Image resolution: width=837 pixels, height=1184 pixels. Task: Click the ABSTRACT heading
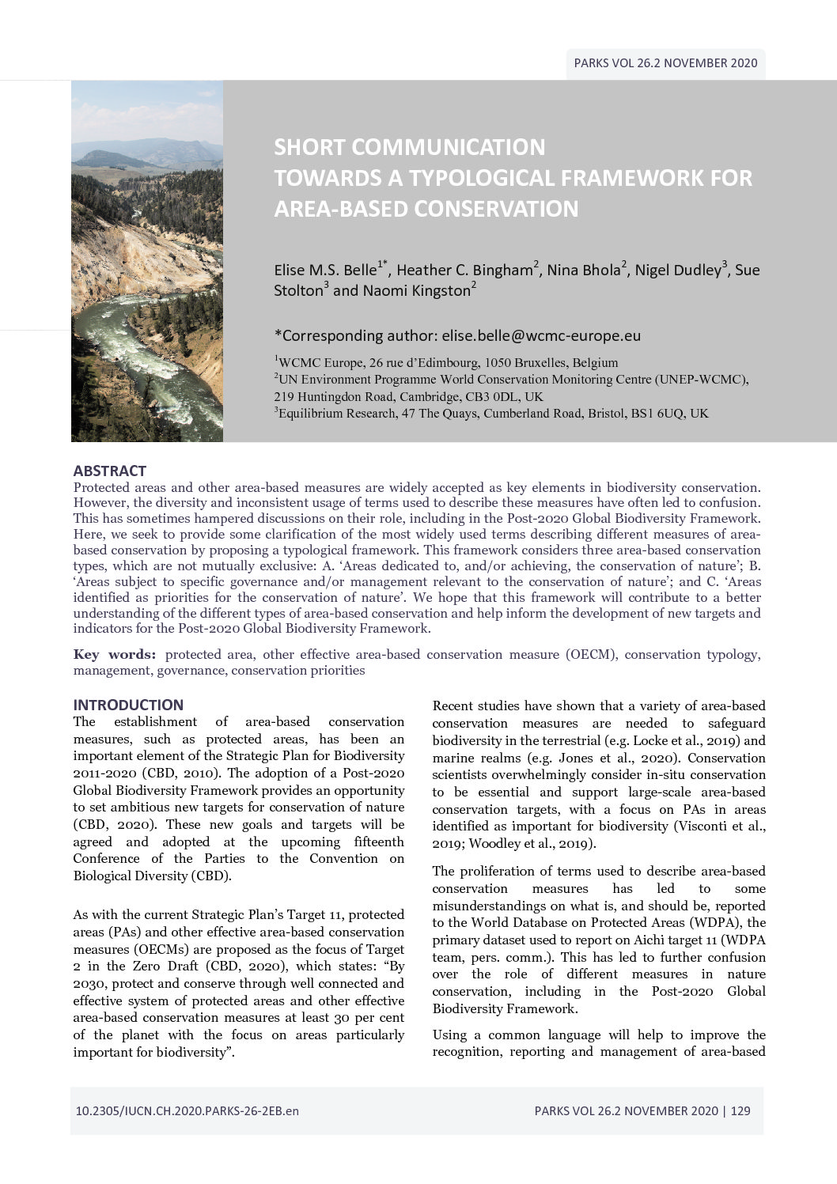tap(109, 471)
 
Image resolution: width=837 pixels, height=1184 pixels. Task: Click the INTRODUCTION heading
tap(128, 705)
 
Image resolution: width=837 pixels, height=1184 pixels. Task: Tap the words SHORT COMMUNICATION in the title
tap(409, 147)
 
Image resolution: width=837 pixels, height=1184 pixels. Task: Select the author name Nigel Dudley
tap(677, 270)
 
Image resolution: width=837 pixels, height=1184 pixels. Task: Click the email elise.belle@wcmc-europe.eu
tap(541, 335)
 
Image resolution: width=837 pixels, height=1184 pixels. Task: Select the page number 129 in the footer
tap(740, 1110)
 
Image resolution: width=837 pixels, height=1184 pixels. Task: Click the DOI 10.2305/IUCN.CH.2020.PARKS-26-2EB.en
tap(187, 1110)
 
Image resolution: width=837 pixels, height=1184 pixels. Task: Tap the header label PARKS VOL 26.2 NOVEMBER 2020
tap(665, 63)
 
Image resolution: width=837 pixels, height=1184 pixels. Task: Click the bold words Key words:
tap(115, 654)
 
